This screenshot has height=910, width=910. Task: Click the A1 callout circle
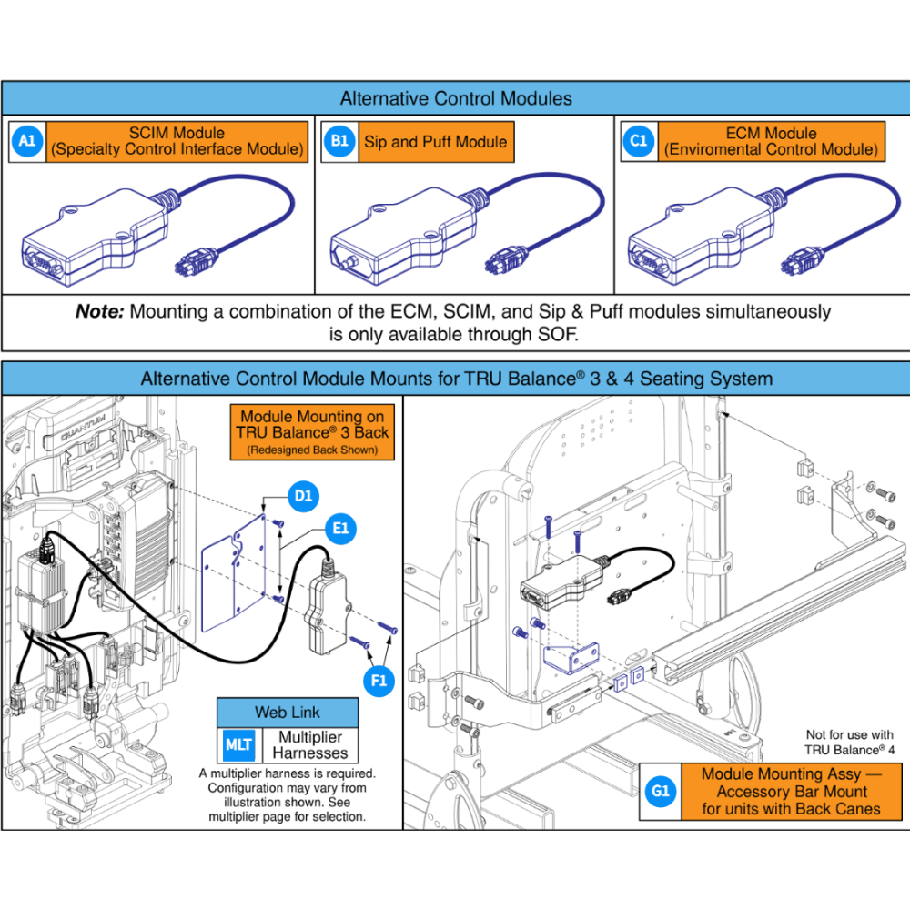click(x=27, y=141)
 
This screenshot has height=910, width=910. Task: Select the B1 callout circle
click(x=339, y=141)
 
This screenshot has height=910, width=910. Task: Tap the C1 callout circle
click(x=639, y=141)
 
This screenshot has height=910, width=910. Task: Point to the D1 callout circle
click(x=303, y=496)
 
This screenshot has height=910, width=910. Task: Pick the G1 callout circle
click(x=661, y=792)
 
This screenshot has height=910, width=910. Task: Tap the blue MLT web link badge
click(x=238, y=744)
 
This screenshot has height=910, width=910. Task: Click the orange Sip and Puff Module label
click(x=435, y=142)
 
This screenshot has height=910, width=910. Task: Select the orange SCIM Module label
click(x=177, y=141)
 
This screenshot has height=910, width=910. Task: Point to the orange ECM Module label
click(x=771, y=141)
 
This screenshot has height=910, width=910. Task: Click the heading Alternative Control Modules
click(x=455, y=98)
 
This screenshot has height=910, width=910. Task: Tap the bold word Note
click(x=99, y=312)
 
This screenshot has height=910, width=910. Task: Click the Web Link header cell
click(x=288, y=712)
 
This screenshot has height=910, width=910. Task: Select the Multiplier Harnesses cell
click(x=310, y=744)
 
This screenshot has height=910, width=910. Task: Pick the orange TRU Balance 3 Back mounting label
click(x=312, y=430)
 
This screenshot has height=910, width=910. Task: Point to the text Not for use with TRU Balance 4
click(x=849, y=742)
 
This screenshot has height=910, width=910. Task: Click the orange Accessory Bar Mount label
click(x=791, y=792)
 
